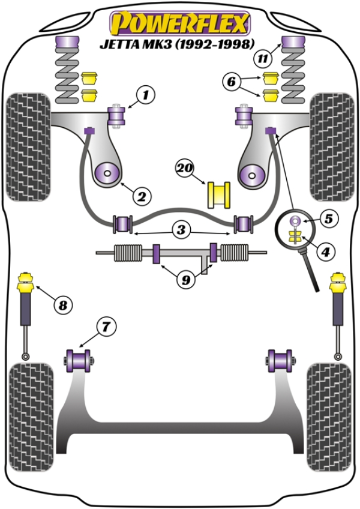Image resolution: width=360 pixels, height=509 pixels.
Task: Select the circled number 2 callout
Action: click(x=142, y=195)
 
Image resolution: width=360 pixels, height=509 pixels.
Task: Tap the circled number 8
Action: click(x=62, y=305)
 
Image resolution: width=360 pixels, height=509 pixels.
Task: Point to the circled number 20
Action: click(x=184, y=169)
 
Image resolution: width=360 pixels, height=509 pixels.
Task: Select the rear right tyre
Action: click(x=329, y=408)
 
